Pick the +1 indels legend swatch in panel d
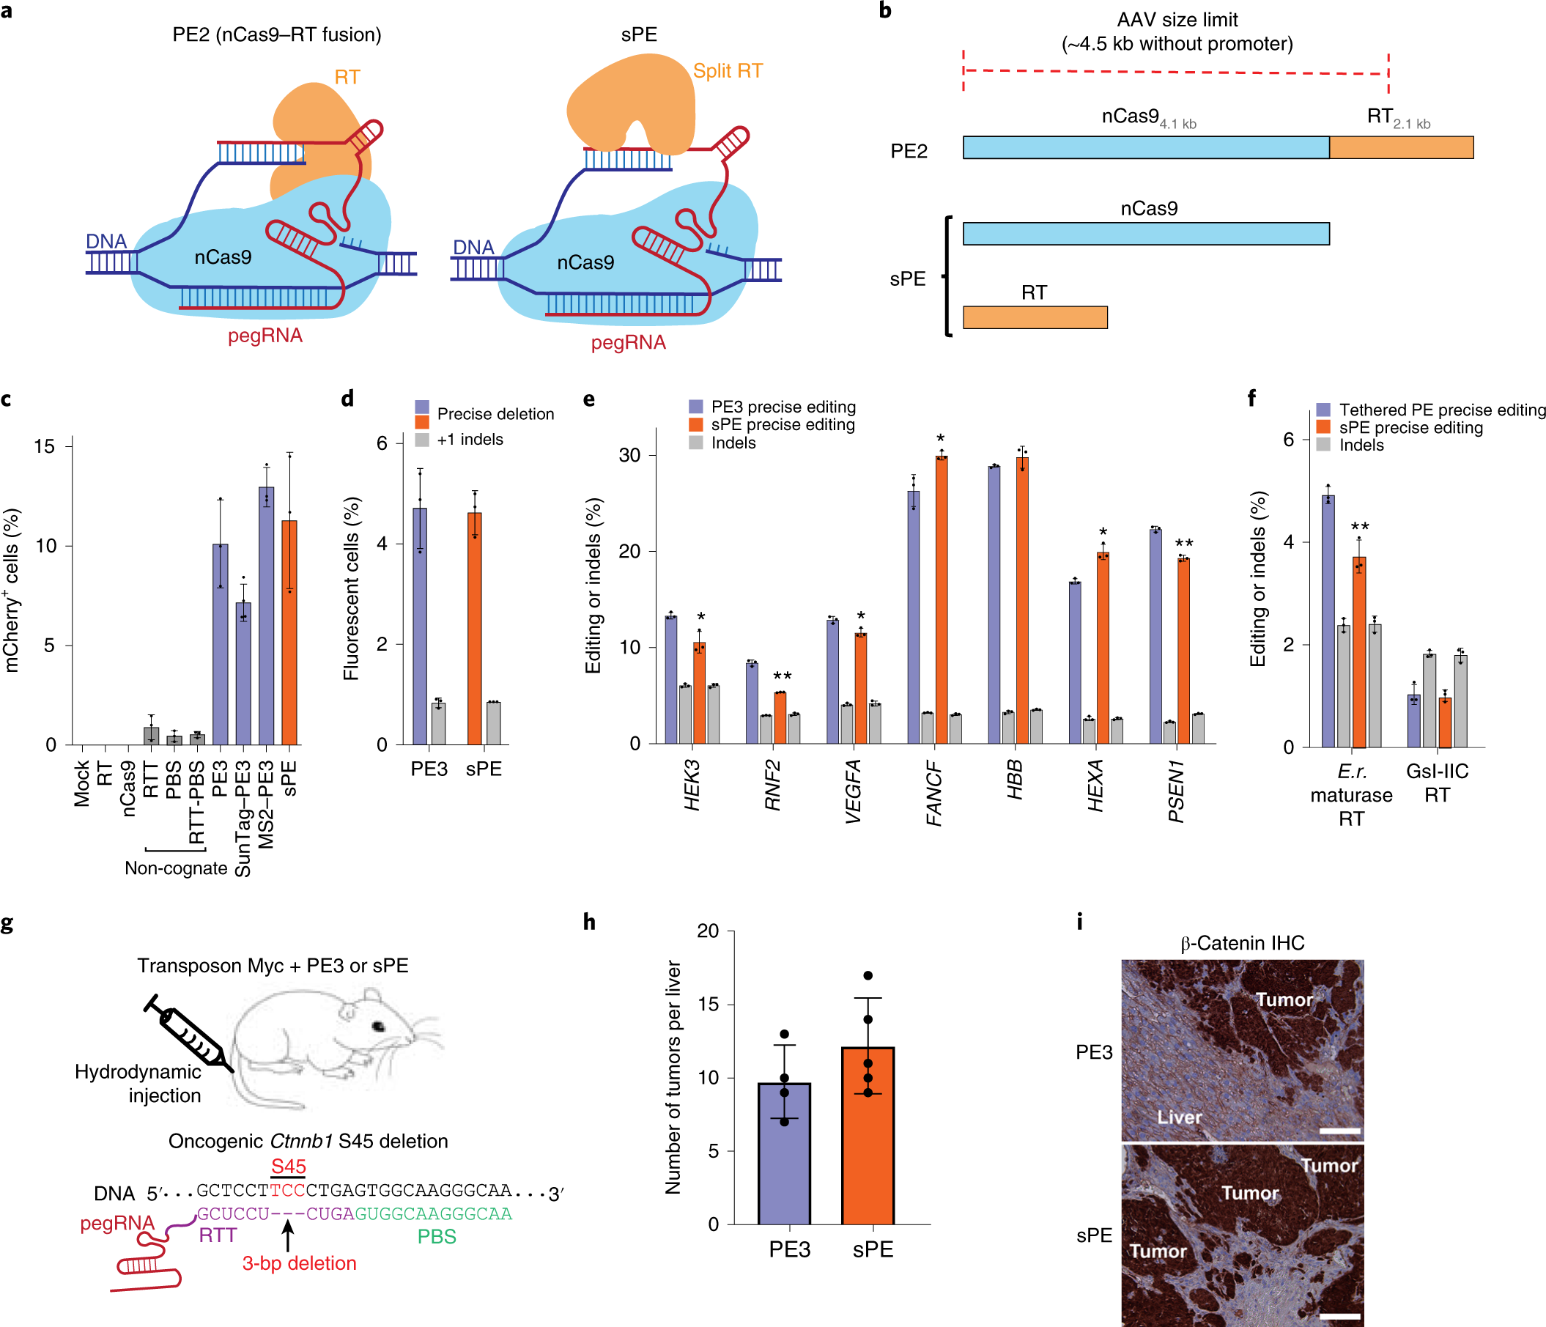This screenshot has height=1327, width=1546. point(422,440)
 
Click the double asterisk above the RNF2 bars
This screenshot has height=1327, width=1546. point(782,676)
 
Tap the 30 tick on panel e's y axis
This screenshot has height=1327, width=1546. point(629,455)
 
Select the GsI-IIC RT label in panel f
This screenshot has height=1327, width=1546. point(1437,783)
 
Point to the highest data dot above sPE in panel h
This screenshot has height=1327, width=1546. point(868,975)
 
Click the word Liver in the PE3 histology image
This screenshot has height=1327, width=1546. point(1180,1117)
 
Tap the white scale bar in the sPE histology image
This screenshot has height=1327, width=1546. point(1339,1316)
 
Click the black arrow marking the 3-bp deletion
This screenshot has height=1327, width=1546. point(288,1235)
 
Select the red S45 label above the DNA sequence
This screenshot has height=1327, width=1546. point(288,1167)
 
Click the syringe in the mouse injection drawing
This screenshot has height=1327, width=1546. point(187,1033)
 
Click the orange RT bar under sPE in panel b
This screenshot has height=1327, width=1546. point(1035,317)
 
